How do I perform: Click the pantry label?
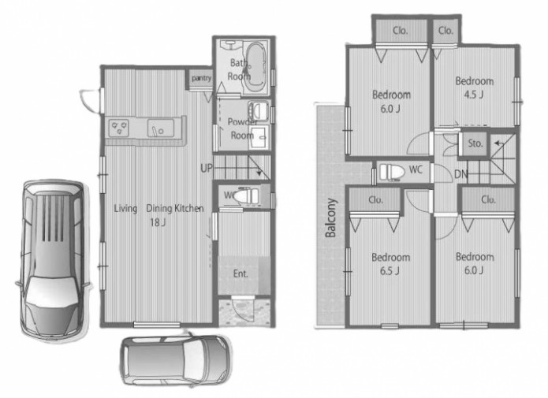(201, 78)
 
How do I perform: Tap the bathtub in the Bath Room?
(255, 65)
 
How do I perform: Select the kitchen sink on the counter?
(160, 128)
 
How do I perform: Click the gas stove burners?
(118, 128)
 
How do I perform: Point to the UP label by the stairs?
(207, 169)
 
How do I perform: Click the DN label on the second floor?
(460, 174)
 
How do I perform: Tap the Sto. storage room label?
(475, 143)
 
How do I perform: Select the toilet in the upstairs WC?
(392, 172)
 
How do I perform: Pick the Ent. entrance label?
(240, 273)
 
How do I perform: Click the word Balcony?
(330, 218)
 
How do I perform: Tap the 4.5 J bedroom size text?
(474, 95)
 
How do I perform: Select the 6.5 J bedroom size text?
(390, 271)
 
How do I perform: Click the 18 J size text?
(158, 222)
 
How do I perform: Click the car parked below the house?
(176, 359)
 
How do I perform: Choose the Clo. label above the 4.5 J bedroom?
(445, 31)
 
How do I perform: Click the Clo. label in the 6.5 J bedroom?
(375, 200)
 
